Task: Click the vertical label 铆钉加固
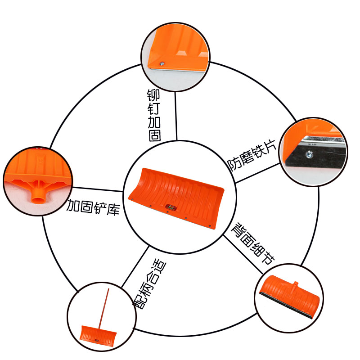tap(154, 115)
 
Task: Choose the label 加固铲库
tap(94, 207)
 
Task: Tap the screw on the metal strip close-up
tap(309, 155)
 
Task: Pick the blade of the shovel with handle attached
tap(98, 335)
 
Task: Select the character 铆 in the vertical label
tap(154, 95)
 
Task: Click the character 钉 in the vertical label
tap(154, 108)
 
